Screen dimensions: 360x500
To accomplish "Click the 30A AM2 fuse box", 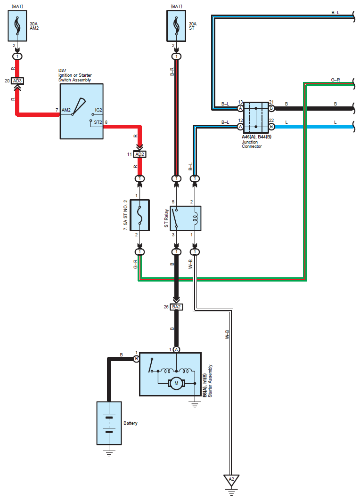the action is click(x=17, y=26).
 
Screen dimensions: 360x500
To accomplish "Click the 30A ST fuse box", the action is click(x=176, y=26).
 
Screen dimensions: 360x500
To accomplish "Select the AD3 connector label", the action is click(x=17, y=81).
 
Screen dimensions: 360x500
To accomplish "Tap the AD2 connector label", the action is click(x=139, y=154).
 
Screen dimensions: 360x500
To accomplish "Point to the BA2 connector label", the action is click(x=176, y=307).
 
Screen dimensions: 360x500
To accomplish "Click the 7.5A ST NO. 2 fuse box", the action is click(x=140, y=215).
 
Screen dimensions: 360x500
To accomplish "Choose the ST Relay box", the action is click(x=186, y=218).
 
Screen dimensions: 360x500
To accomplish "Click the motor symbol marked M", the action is click(x=176, y=383).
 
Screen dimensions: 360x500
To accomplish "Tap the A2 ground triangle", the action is click(x=231, y=480).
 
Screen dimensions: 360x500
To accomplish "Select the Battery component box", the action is click(x=109, y=423).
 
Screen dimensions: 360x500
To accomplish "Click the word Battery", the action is click(x=130, y=423).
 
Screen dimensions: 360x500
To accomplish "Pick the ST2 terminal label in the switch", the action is click(x=98, y=122).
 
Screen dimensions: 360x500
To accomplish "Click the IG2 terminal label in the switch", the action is click(x=98, y=110).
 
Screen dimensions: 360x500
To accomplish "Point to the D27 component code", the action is click(x=62, y=71).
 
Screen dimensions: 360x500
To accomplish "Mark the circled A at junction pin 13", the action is click(x=240, y=108).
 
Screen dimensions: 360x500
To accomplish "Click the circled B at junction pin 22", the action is click(x=271, y=127).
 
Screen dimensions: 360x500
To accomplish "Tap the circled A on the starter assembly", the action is click(x=176, y=350).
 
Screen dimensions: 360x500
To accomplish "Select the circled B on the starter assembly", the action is click(x=136, y=359).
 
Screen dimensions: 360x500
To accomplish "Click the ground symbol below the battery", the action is click(x=109, y=453).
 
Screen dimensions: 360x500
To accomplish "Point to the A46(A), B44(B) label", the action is click(x=257, y=137).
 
